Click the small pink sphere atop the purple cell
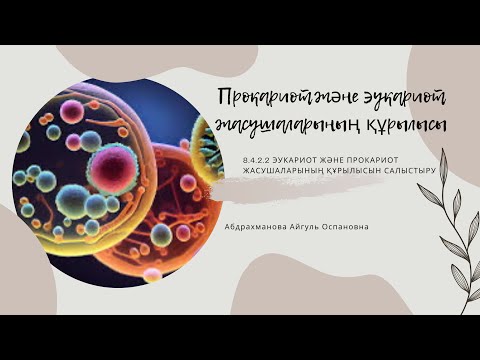coord(71,107)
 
